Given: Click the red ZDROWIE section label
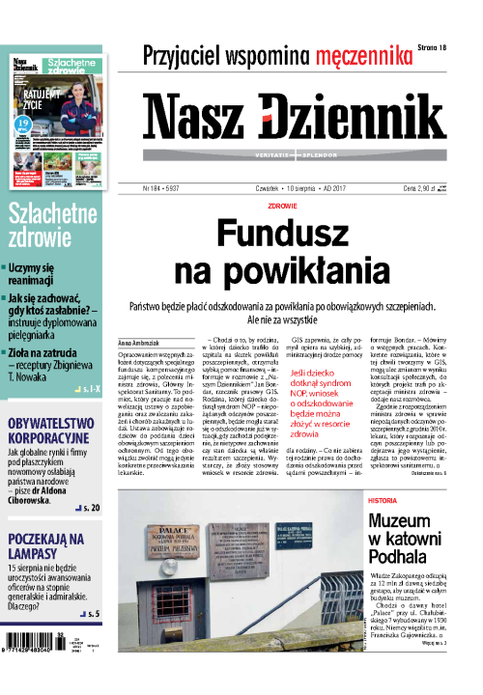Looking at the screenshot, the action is [x=282, y=206].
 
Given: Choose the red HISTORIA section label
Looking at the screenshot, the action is [x=387, y=501].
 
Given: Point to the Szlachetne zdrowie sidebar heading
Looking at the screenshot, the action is [x=49, y=226].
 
